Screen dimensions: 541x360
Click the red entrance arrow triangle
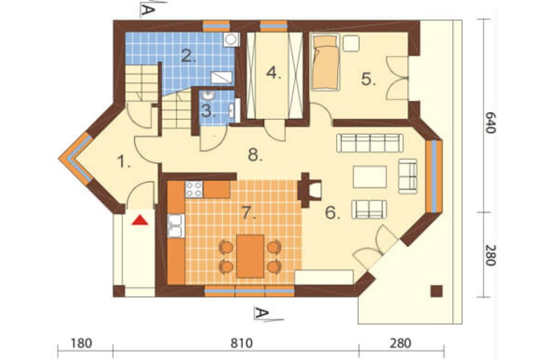140,220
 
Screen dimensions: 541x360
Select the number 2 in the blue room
188,56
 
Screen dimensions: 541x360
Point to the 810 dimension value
241,343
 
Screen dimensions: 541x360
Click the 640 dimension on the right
490,122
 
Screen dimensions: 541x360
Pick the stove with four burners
194,189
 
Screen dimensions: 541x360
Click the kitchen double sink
176,226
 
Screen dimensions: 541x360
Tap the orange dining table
250,256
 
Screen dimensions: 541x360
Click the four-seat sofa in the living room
370,143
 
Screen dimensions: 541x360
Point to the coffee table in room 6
370,177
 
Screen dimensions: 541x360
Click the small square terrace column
437,291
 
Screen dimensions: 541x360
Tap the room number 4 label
274,73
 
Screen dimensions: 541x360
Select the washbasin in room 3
209,95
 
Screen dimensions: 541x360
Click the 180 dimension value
82,343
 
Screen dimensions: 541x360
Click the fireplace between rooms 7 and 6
309,190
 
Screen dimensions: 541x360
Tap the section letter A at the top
147,10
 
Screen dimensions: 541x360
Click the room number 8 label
255,155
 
